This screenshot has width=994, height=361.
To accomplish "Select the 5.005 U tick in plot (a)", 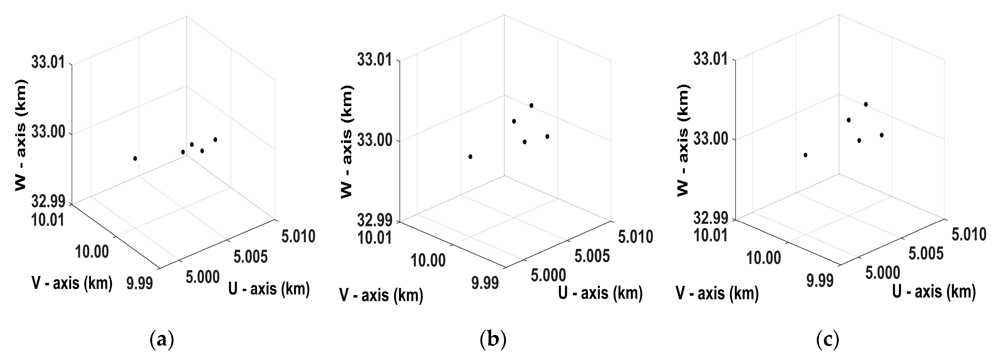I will (x=250, y=256).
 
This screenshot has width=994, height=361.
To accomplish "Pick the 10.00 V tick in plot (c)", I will (x=763, y=258).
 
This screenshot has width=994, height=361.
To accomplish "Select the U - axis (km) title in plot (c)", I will (x=934, y=292).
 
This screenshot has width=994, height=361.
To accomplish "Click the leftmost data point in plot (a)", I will (x=135, y=158).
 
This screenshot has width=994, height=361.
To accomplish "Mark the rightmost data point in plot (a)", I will (x=215, y=139).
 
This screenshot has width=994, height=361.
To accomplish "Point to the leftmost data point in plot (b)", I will (x=470, y=157).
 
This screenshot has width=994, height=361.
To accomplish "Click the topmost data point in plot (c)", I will (x=866, y=104).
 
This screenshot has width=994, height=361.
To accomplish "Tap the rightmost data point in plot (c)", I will (x=882, y=135).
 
